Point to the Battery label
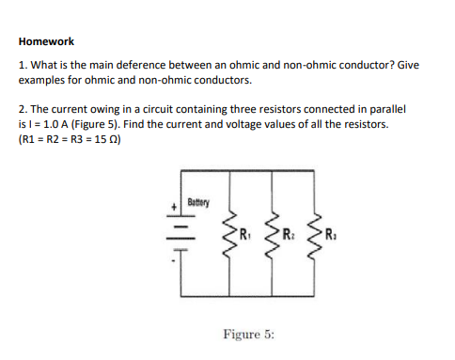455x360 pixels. pyautogui.click(x=199, y=202)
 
